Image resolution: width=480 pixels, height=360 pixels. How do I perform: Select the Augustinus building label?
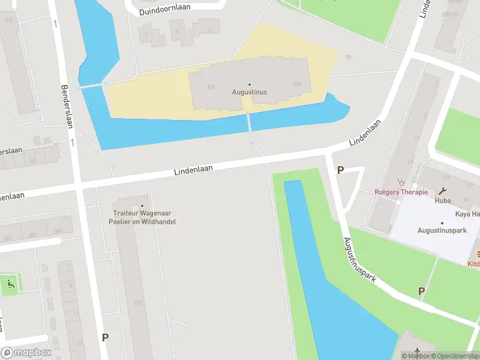coord(250,92)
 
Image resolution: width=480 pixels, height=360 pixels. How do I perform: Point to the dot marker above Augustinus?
coord(250,85)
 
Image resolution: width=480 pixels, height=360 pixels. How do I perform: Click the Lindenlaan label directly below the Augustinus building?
coord(194,170)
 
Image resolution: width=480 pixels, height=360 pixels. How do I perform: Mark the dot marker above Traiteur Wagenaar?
coord(142,206)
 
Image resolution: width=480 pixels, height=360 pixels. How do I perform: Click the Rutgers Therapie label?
coord(401,192)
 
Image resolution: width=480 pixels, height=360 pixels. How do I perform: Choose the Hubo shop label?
coord(443,200)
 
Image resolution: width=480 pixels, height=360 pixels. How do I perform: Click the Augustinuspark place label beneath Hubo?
coord(442,230)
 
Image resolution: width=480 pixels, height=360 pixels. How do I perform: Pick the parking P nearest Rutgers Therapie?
coord(340,170)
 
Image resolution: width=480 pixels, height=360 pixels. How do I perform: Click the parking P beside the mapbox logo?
coord(105,337)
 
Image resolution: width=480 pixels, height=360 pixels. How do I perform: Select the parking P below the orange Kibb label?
coord(421,291)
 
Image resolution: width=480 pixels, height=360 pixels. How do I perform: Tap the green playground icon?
coord(9,283)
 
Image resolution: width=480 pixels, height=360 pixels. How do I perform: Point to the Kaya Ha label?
coord(467,214)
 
